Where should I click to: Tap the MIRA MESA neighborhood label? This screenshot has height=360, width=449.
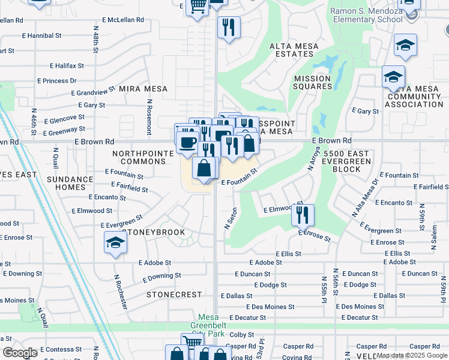[142, 88]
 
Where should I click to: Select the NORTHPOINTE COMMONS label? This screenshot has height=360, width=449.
[143, 158]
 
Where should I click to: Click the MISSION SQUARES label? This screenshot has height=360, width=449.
[312, 82]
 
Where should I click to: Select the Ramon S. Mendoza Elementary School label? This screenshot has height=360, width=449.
[366, 15]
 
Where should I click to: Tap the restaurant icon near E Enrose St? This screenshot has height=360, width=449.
[303, 214]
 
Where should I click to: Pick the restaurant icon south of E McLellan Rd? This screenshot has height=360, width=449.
[229, 27]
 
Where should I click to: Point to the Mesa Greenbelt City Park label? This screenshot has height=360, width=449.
[210, 322]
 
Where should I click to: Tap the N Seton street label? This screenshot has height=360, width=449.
[228, 219]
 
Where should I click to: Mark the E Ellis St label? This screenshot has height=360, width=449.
[288, 254]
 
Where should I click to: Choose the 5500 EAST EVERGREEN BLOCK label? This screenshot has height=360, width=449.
[341, 161]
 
